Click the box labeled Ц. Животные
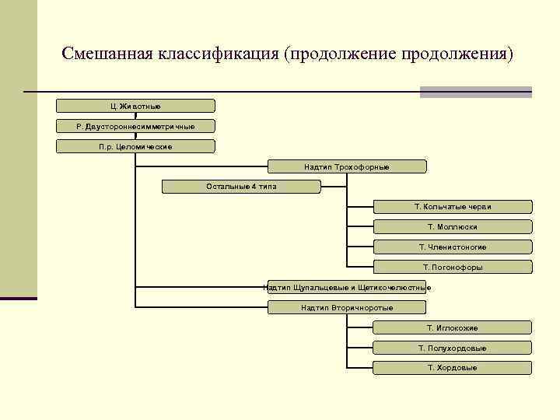pos(135,106)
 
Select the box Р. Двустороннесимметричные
pos(135,126)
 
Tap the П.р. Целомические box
pos(135,146)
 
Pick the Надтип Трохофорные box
pos(347,166)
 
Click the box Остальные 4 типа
pos(241,187)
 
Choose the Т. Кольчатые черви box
pos(453,207)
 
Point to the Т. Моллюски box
pos(453,227)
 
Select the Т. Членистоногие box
pos(453,247)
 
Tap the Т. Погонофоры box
pos(453,268)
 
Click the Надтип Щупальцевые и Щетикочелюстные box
pos(347,288)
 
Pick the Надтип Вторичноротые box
pos(347,308)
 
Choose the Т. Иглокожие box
pos(453,328)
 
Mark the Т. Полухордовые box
pos(453,348)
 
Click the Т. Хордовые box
pos(453,368)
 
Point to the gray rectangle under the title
pos(475,92)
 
